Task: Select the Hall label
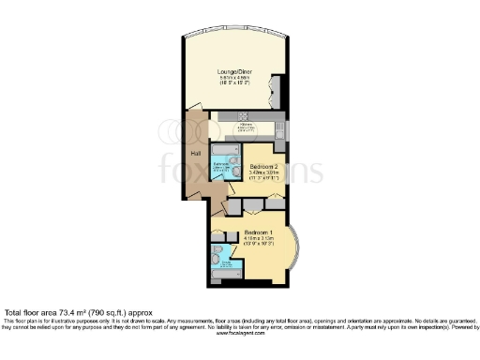coord(195,154)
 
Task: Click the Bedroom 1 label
coord(258,232)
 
